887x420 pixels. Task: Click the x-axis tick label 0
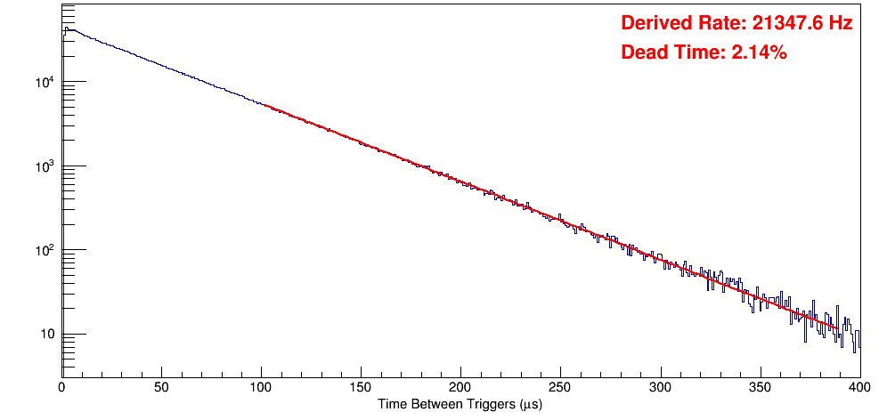click(x=61, y=387)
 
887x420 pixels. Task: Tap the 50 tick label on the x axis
click(x=161, y=387)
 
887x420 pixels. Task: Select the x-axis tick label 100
click(x=261, y=387)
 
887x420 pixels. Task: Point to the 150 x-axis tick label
click(x=361, y=387)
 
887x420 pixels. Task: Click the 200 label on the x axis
click(x=460, y=387)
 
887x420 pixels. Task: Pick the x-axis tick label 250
click(x=560, y=387)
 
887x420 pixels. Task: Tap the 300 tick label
click(x=660, y=387)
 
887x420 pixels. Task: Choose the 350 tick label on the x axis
click(x=760, y=387)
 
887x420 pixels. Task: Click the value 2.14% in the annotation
click(x=759, y=53)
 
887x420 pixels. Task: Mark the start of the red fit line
click(x=264, y=105)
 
